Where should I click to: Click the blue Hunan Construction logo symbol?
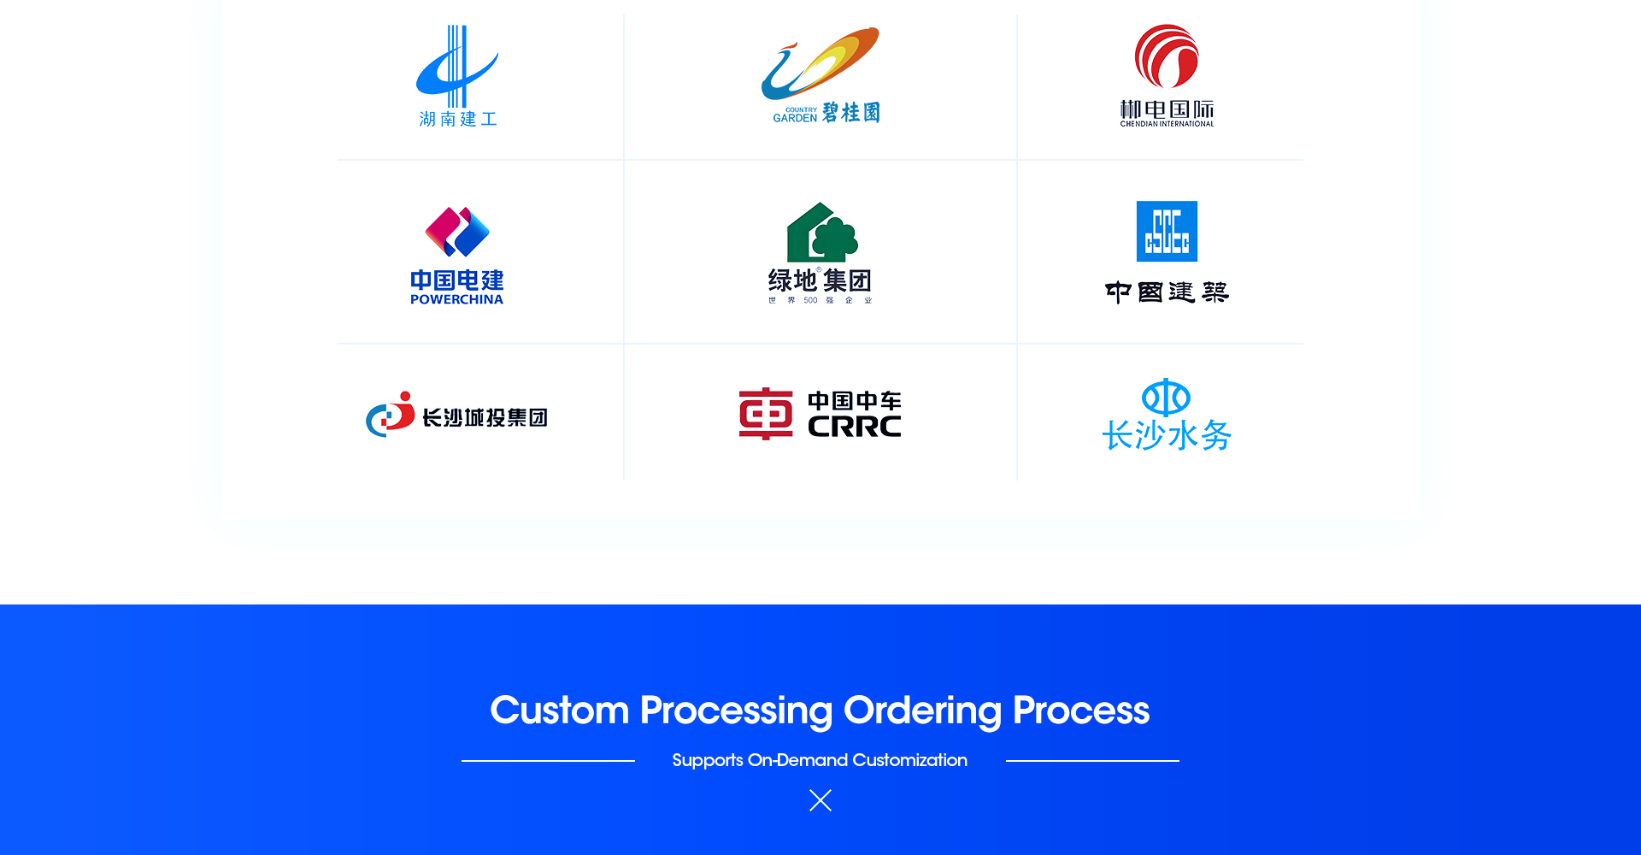point(456,68)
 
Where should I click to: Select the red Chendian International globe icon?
point(1167,56)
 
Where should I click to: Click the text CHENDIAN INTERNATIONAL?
point(1167,124)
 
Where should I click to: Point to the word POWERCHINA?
point(456,299)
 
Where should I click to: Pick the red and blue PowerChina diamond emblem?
point(457,232)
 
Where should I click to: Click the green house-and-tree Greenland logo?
point(821,233)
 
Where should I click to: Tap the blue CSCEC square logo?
point(1167,231)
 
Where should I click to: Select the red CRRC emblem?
point(766,414)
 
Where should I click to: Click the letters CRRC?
point(854,427)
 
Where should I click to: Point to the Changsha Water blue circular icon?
point(1166,398)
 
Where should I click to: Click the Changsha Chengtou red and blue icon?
point(391,415)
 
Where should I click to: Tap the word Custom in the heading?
point(559,711)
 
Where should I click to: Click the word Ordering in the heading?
point(922,711)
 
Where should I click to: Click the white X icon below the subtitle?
point(820,800)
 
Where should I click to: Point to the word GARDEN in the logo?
point(795,118)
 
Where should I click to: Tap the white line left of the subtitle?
point(548,760)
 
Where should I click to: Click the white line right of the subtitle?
point(1092,760)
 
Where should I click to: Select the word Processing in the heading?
point(736,711)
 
